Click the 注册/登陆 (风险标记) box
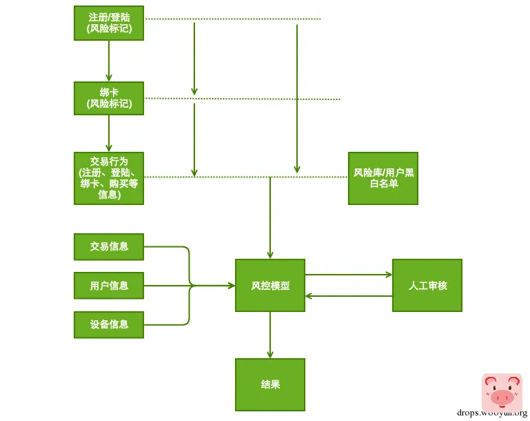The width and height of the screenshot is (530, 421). (109, 23)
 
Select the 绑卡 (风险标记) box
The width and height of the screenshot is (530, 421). (109, 98)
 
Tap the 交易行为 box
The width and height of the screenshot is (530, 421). (109, 178)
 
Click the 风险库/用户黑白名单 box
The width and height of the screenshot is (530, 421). (383, 178)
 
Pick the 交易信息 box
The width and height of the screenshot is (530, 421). (109, 246)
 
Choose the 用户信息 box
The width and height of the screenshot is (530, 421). (109, 285)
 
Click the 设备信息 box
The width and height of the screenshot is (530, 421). (109, 324)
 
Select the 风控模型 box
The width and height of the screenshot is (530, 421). (270, 285)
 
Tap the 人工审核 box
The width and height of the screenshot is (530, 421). (427, 285)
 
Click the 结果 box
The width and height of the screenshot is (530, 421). (270, 384)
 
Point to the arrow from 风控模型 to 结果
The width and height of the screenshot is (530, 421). (270, 335)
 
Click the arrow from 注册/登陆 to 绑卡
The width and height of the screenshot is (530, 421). (109, 60)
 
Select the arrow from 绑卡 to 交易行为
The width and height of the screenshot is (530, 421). (109, 133)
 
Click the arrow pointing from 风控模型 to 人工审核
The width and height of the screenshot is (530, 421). (348, 275)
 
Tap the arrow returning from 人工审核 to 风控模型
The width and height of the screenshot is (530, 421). (348, 296)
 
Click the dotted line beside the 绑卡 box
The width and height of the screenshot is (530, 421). (241, 99)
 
